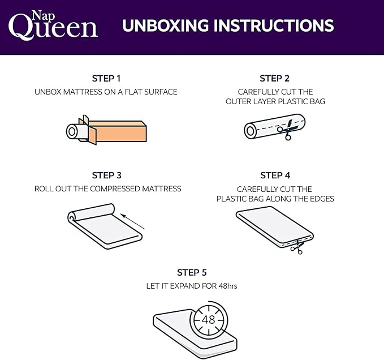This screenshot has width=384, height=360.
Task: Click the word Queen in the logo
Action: (x=53, y=28)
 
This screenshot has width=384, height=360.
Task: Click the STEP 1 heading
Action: (x=106, y=79)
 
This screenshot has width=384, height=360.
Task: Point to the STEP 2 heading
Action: (x=275, y=79)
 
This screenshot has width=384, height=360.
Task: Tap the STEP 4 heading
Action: (x=275, y=175)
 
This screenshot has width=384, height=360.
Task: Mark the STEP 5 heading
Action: (x=192, y=273)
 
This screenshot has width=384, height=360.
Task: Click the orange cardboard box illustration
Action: (x=116, y=131)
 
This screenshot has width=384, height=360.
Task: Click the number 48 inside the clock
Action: (x=208, y=319)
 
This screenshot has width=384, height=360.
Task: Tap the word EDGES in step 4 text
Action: (x=322, y=199)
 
